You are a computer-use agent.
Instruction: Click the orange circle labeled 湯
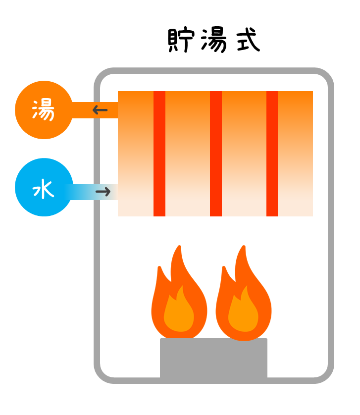click(x=44, y=110)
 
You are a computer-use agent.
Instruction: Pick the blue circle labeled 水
click(x=44, y=187)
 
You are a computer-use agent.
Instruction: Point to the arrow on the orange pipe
click(x=100, y=110)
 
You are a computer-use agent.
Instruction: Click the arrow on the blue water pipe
click(x=103, y=192)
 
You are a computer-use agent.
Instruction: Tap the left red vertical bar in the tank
click(x=159, y=154)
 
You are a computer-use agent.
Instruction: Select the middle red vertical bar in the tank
click(x=216, y=154)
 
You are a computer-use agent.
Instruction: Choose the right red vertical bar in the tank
click(x=272, y=154)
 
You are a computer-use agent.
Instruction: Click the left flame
click(x=179, y=302)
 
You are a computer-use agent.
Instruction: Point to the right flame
click(x=243, y=302)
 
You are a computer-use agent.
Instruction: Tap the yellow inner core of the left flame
click(x=179, y=314)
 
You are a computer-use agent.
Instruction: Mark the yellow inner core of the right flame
click(x=243, y=314)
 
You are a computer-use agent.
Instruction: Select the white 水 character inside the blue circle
click(x=43, y=190)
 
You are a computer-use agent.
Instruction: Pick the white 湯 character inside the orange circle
click(x=43, y=110)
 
